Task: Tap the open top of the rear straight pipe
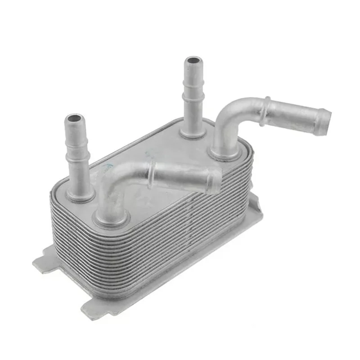(x=193, y=61)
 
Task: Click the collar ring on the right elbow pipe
(x=266, y=110)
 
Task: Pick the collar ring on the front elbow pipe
(x=152, y=173)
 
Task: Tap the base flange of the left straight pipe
(x=80, y=194)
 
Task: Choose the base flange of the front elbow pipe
(x=111, y=219)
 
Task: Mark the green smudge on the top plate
(x=107, y=167)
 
